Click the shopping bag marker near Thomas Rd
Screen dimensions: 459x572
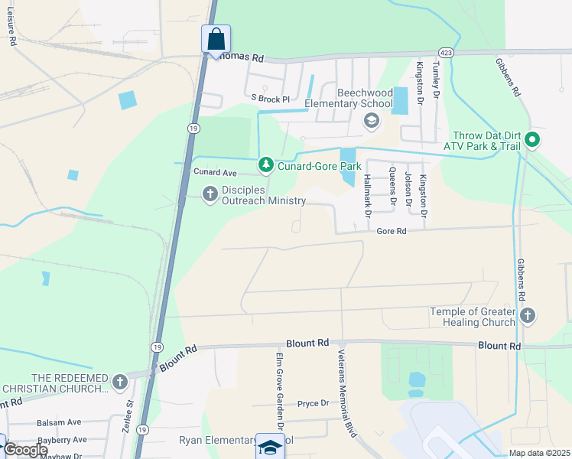(x=216, y=39)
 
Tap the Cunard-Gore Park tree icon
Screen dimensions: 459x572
(x=265, y=164)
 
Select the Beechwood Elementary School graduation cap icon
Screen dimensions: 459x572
(x=372, y=120)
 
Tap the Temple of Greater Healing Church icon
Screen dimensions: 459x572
(x=527, y=316)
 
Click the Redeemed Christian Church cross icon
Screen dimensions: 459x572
(x=119, y=382)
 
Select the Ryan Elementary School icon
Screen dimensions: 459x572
(x=270, y=446)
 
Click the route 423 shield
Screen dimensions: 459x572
(x=446, y=53)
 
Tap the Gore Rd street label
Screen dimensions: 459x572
(x=390, y=231)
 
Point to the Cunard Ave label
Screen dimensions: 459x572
(x=215, y=172)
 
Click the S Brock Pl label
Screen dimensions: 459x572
(x=271, y=99)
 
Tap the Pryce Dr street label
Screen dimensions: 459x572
(x=313, y=403)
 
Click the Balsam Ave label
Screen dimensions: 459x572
(x=59, y=422)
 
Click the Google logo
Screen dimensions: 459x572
(x=24, y=450)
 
